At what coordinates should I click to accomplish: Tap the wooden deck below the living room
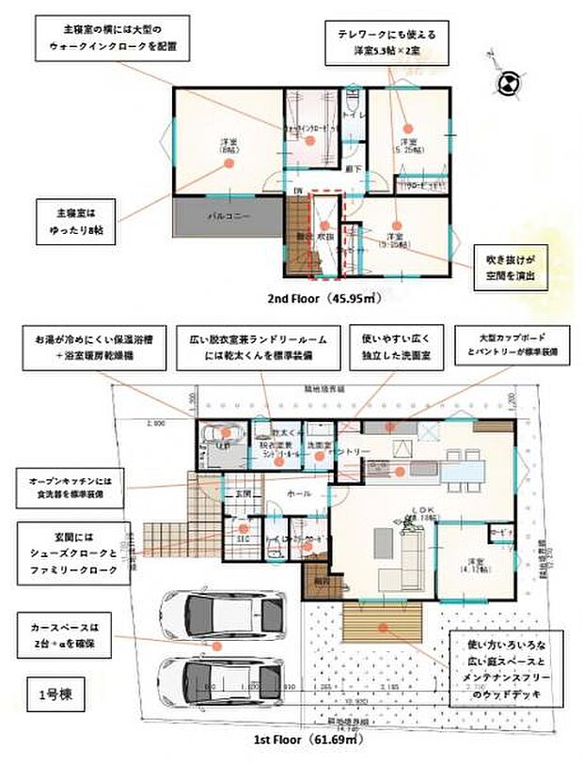pyautogui.click(x=381, y=623)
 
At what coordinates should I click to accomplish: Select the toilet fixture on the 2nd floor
pyautogui.click(x=352, y=101)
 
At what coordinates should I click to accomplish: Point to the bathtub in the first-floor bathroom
pyautogui.click(x=228, y=434)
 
